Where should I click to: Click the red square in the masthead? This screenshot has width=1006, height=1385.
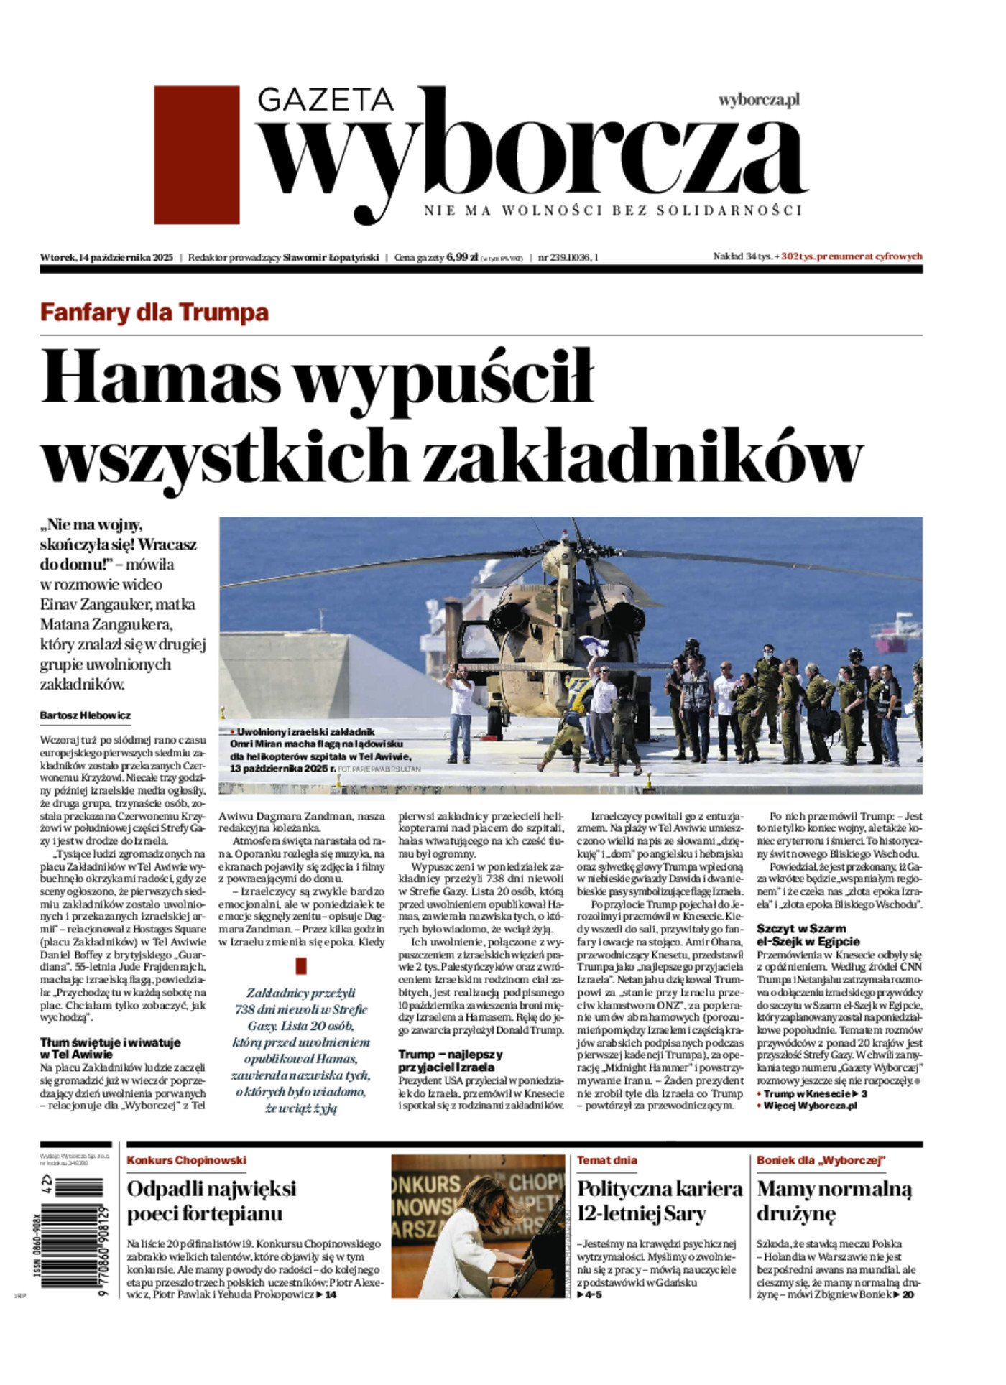(196, 154)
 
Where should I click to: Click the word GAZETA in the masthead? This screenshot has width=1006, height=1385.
(325, 100)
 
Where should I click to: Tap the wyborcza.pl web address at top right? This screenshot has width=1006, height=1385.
(759, 100)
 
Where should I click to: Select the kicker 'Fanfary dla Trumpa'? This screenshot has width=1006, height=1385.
(154, 312)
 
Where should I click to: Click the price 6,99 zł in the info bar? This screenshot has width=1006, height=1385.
(462, 256)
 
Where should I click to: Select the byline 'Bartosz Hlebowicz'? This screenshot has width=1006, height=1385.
(86, 715)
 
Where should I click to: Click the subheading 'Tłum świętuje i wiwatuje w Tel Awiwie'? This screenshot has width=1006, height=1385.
(110, 1048)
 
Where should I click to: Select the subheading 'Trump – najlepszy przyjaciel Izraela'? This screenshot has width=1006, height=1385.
(451, 1060)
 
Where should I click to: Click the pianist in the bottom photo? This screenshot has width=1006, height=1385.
(478, 1243)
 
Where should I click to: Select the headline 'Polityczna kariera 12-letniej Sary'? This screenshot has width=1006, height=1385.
(659, 1201)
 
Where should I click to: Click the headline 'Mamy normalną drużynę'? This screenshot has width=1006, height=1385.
(834, 1201)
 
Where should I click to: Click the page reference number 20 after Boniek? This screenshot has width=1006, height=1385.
(908, 1294)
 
